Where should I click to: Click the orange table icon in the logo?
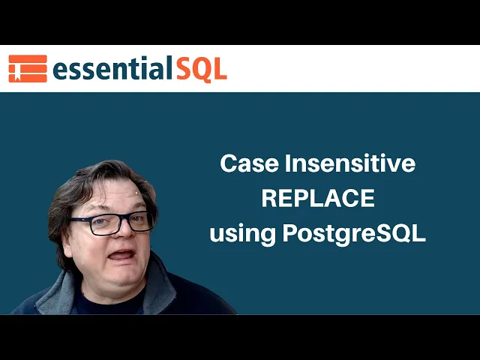[28, 68]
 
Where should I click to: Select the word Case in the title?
[250, 163]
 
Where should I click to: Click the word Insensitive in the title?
[350, 163]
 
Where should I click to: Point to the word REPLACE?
[318, 198]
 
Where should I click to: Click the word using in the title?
[242, 234]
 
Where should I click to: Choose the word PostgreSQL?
[354, 233]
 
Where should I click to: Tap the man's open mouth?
[121, 255]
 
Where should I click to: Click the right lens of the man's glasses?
[140, 221]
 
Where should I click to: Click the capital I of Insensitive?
[287, 163]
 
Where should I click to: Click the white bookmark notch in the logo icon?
[17, 76]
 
